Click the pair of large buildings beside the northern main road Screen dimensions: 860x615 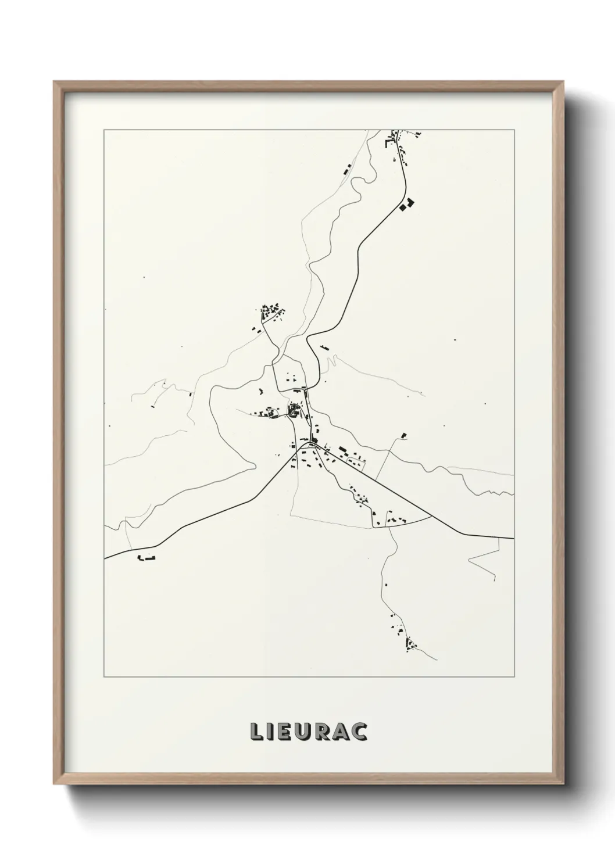(x=407, y=204)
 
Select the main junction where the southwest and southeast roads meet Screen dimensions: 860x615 (x=302, y=446)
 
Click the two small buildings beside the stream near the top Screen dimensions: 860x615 (x=346, y=170)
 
